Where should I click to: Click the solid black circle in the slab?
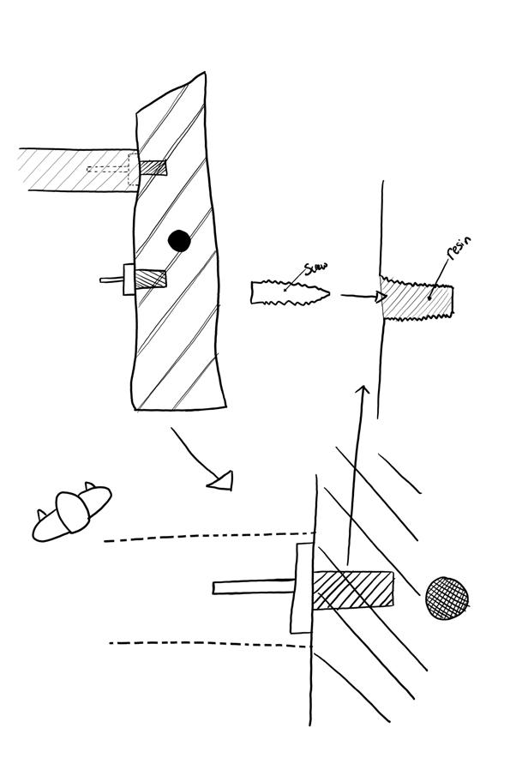178,241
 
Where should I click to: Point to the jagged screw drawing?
290,293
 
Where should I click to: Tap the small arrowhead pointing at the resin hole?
380,297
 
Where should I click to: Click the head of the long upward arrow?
362,392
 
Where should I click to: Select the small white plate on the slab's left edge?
129,280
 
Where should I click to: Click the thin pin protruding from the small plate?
112,280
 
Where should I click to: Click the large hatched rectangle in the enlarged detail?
353,590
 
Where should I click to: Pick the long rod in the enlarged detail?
253,587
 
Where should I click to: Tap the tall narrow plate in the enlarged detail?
301,588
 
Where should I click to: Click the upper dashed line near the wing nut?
206,537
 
